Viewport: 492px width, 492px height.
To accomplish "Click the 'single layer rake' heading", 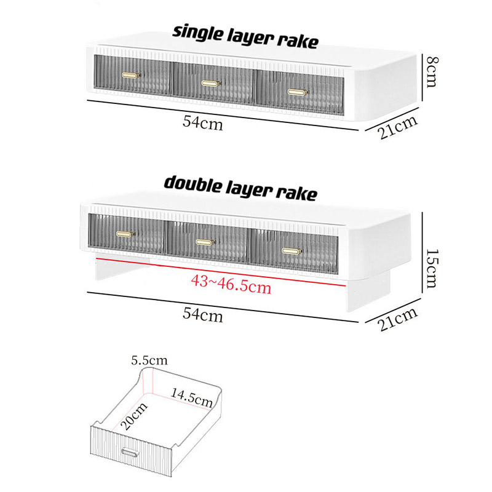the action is click(x=245, y=38).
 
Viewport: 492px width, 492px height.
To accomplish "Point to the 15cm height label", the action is click(x=432, y=268).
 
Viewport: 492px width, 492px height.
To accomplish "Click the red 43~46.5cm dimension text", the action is click(x=231, y=285).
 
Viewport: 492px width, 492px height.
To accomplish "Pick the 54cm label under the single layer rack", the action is click(x=203, y=122).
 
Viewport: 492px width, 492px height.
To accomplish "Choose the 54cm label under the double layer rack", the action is click(x=203, y=314).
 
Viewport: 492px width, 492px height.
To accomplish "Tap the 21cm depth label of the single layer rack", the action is click(x=398, y=127).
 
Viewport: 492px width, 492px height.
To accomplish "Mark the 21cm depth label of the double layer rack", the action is click(x=398, y=319).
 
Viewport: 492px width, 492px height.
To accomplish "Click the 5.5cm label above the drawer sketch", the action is click(x=149, y=360).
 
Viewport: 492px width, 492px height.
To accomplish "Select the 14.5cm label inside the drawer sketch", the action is click(x=192, y=397).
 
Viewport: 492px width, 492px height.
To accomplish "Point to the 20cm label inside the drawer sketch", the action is click(x=133, y=416).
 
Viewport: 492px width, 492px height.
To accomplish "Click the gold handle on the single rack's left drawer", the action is click(x=131, y=75).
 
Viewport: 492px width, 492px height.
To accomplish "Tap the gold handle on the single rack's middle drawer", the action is click(x=211, y=83).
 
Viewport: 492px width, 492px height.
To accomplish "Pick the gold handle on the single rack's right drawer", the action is click(x=298, y=92).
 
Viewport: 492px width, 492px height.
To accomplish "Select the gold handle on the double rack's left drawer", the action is click(x=125, y=234).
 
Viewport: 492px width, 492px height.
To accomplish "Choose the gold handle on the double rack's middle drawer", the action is click(x=205, y=242).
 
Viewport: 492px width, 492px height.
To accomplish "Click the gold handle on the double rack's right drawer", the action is click(x=292, y=251).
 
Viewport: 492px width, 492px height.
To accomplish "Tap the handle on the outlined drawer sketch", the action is click(x=130, y=452).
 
